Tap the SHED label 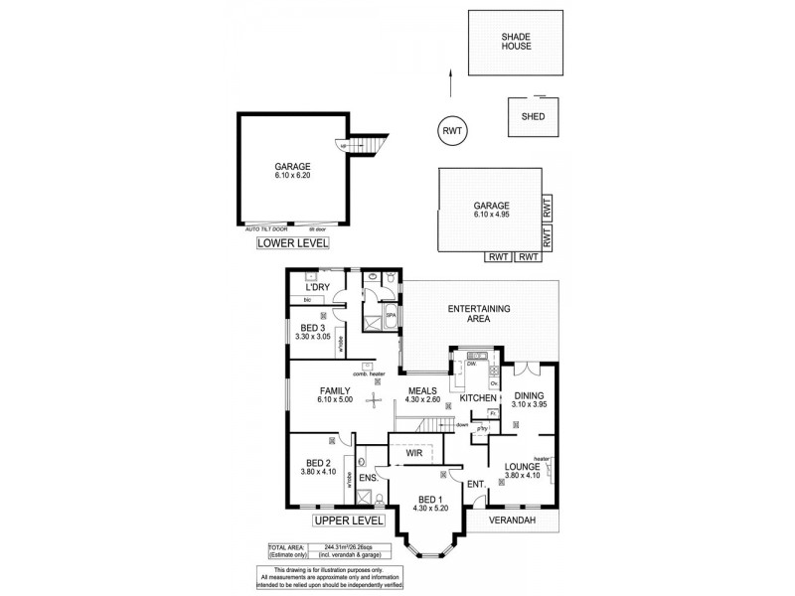tap(533, 115)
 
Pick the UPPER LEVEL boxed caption tap(349, 521)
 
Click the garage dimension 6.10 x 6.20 tap(293, 175)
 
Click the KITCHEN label tap(478, 398)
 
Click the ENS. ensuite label tap(367, 480)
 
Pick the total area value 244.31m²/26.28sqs tap(338, 546)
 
